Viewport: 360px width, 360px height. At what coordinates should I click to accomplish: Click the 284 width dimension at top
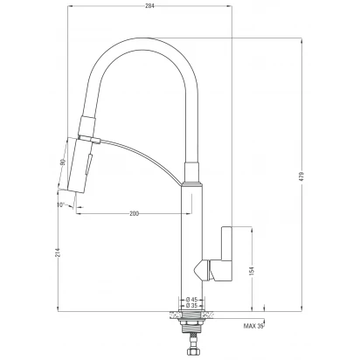pos(149,5)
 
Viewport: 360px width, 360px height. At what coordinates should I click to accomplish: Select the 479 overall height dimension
pos(301,176)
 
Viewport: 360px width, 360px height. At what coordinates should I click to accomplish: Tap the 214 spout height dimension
pos(57,253)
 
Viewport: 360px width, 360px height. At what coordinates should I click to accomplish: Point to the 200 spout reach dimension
pos(134,214)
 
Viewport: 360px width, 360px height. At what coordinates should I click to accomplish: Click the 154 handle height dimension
pos(253,271)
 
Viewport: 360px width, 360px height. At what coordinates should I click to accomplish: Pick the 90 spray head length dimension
pos(63,162)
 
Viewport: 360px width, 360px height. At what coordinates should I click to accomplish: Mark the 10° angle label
pos(60,204)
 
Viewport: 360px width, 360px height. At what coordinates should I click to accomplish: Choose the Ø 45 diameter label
pos(191,299)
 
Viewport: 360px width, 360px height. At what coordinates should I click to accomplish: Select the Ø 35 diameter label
pos(191,306)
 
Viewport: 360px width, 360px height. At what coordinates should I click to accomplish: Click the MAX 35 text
pos(253,326)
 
